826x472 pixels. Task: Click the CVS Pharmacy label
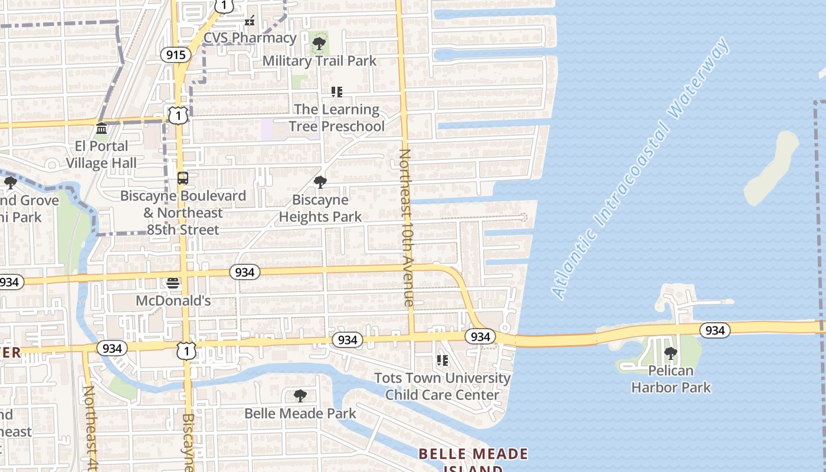click(250, 38)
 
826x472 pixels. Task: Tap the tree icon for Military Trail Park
click(319, 43)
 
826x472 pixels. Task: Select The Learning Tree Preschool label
click(336, 117)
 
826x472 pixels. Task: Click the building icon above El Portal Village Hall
click(101, 128)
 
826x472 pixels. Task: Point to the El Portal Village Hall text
click(101, 155)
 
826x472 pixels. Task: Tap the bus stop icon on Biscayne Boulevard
click(183, 178)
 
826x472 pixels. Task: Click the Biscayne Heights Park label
click(320, 208)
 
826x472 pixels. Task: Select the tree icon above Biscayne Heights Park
click(320, 182)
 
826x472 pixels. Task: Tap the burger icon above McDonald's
click(173, 283)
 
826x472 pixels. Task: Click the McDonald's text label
click(173, 301)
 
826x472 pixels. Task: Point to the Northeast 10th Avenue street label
click(406, 227)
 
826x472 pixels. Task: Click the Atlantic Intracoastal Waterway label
click(641, 169)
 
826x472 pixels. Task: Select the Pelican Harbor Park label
click(671, 379)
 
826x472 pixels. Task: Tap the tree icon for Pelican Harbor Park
click(670, 353)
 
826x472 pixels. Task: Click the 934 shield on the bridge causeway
click(714, 330)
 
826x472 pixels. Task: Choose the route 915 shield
click(175, 55)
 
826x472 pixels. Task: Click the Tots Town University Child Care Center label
click(442, 386)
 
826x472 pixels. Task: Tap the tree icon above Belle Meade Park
click(300, 395)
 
